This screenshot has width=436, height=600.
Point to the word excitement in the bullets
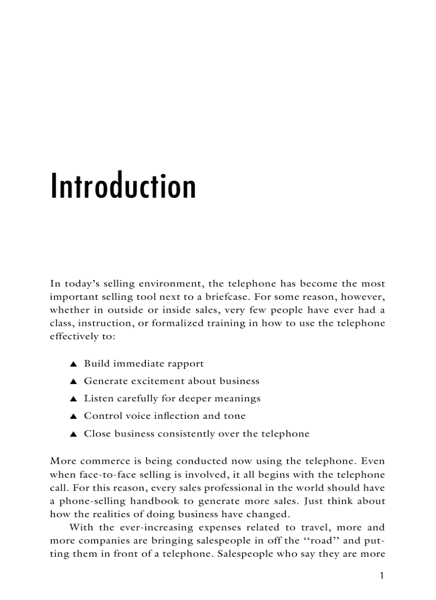pyautogui.click(x=153, y=381)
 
